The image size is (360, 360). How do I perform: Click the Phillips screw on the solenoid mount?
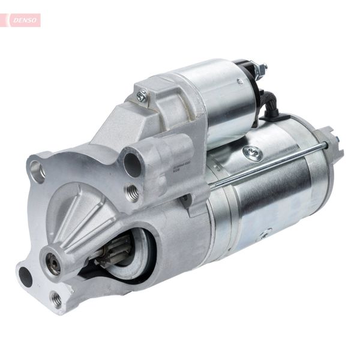pyautogui.click(x=142, y=95)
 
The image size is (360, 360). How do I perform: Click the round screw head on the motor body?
pyautogui.click(x=253, y=153)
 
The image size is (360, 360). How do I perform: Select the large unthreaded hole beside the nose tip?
pyautogui.click(x=26, y=277)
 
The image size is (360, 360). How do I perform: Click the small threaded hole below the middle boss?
pyautogui.click(x=133, y=192)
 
